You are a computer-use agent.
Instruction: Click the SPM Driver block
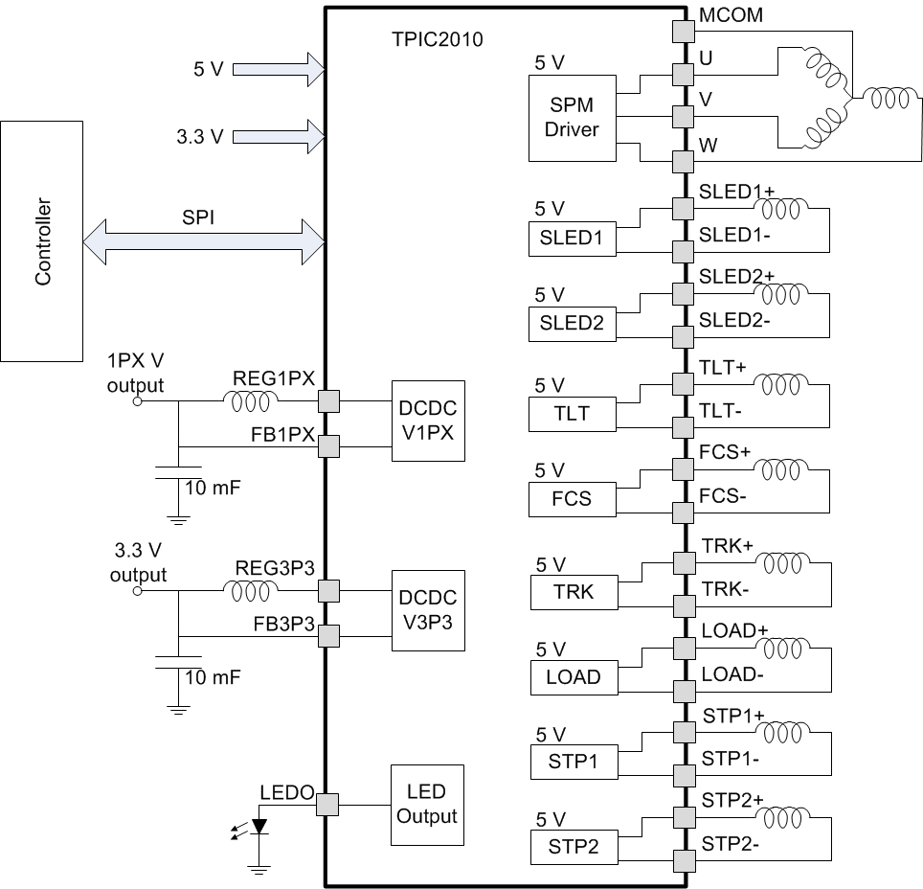tap(572, 119)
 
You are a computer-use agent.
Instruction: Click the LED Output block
tap(427, 805)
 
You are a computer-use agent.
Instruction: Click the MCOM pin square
tap(682, 31)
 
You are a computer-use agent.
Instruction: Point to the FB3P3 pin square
tap(327, 637)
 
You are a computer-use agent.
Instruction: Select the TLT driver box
tap(572, 413)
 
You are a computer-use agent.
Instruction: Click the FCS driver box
tap(572, 497)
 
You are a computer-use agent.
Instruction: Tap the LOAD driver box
tap(573, 676)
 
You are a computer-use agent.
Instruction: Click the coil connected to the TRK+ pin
tap(781, 560)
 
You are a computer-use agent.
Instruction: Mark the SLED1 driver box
tap(572, 239)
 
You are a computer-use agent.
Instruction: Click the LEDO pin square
tap(327, 805)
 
